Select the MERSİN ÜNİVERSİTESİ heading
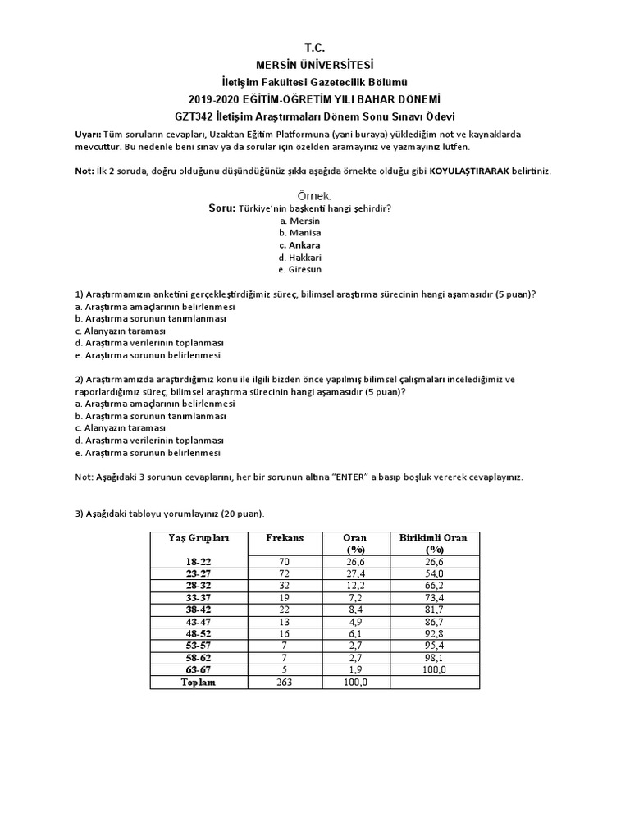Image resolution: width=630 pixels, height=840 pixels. coord(315,65)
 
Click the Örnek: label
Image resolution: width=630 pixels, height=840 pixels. coord(315,196)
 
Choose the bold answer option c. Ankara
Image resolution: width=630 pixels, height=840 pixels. coord(299,245)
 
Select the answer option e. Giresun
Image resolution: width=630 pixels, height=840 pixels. coord(300,269)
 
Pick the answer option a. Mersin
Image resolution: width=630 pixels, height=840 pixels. coord(299,221)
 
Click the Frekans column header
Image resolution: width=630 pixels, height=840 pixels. coord(285,538)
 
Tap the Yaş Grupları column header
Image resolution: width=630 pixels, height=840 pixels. coord(198,538)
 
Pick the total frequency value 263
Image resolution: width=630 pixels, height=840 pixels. coord(285,682)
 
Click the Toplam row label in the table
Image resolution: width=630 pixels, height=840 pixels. coord(198,682)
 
